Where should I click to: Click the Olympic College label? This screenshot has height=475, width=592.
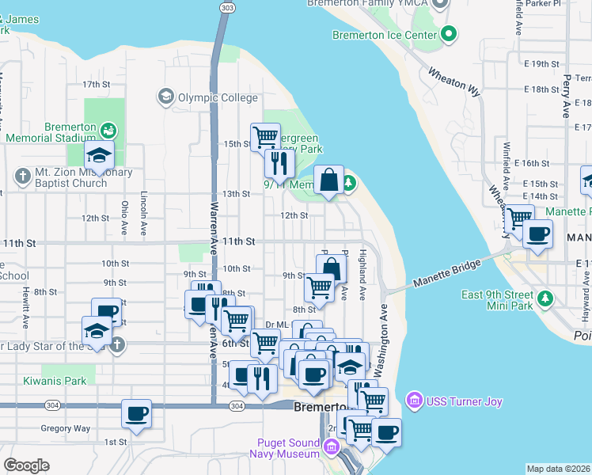(x=217, y=98)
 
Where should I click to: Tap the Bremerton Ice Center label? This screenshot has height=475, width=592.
(x=385, y=35)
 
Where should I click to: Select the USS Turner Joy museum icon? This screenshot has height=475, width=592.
(x=412, y=401)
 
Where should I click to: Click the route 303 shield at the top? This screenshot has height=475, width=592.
(x=228, y=7)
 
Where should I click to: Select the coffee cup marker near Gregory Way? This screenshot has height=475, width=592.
(x=136, y=414)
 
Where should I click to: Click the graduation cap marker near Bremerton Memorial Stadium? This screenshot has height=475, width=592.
(x=100, y=155)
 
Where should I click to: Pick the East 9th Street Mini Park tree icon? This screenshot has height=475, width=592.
(x=545, y=296)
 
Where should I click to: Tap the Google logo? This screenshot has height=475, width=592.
(x=26, y=465)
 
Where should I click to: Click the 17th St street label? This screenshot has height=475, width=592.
(x=95, y=84)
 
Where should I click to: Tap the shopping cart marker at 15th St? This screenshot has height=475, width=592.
(x=266, y=137)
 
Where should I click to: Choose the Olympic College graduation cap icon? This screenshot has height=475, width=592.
(x=166, y=97)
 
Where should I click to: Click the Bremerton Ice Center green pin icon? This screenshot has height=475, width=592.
(x=450, y=34)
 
